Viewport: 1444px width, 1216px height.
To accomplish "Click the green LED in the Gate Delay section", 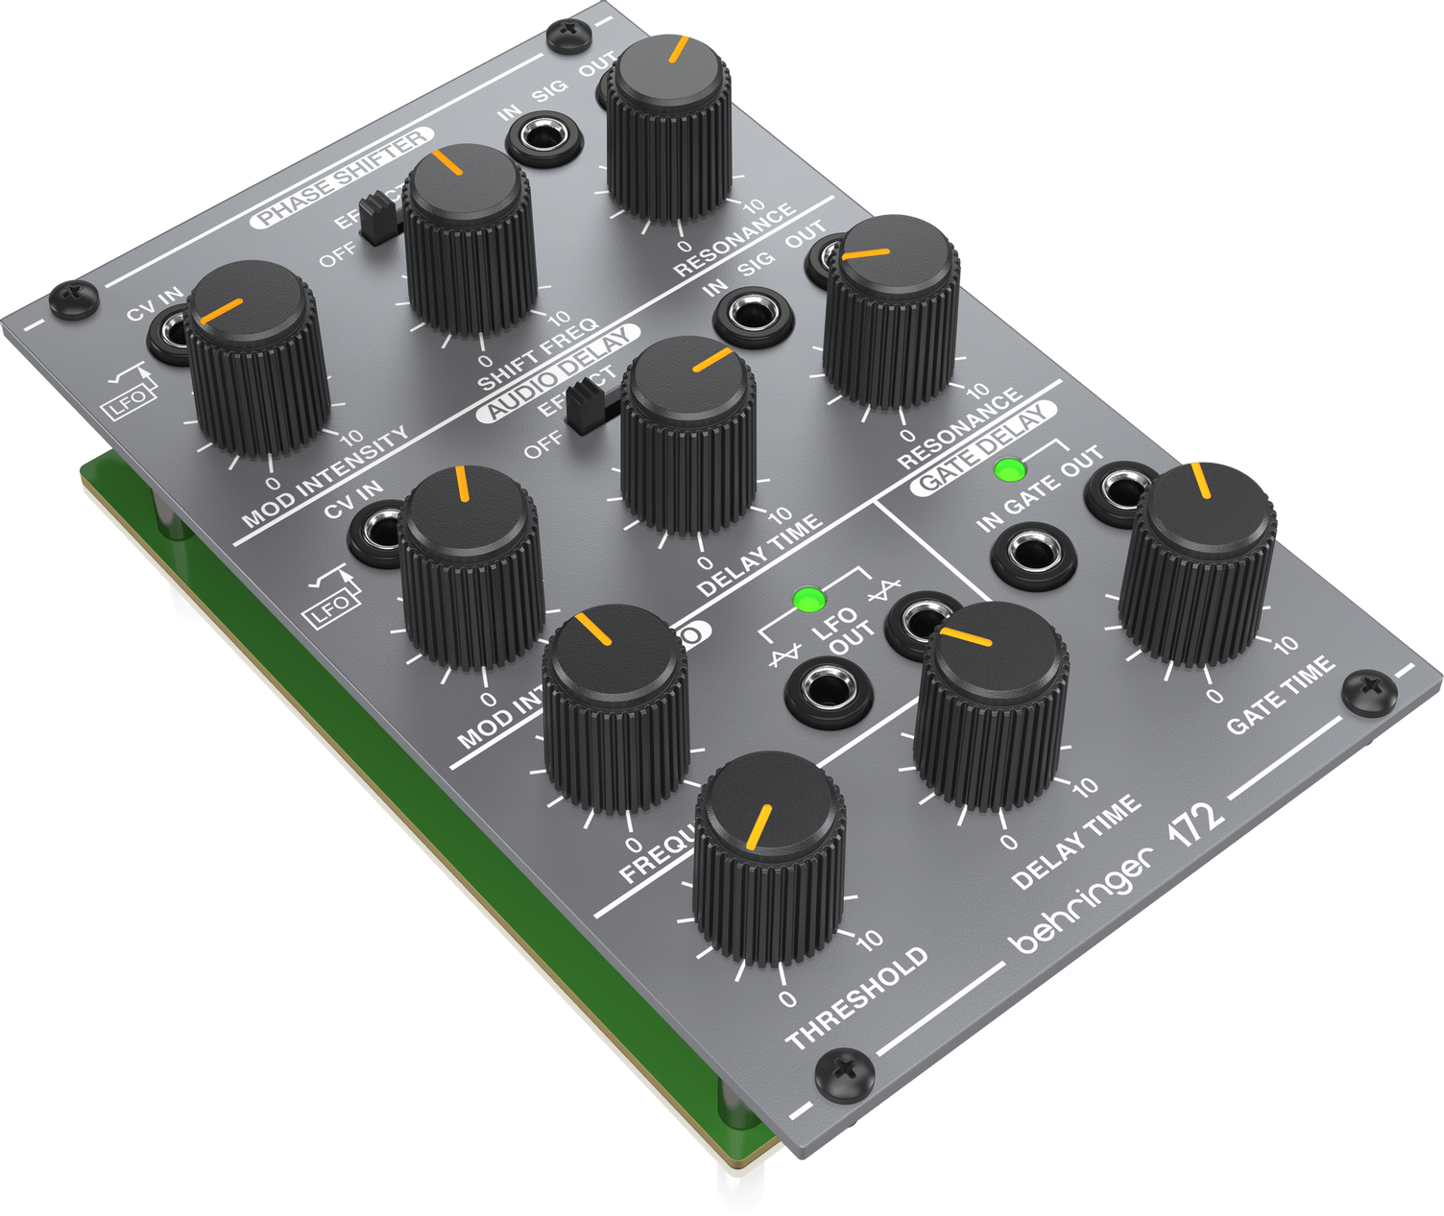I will (1008, 470).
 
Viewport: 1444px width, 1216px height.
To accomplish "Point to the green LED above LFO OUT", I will (808, 601).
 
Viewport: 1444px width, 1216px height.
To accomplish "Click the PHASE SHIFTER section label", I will (342, 179).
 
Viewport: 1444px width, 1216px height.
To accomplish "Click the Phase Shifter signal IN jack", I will (544, 138).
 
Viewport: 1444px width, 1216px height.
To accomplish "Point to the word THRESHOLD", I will (857, 998).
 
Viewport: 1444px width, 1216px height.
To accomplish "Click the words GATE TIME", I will (1281, 694).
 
